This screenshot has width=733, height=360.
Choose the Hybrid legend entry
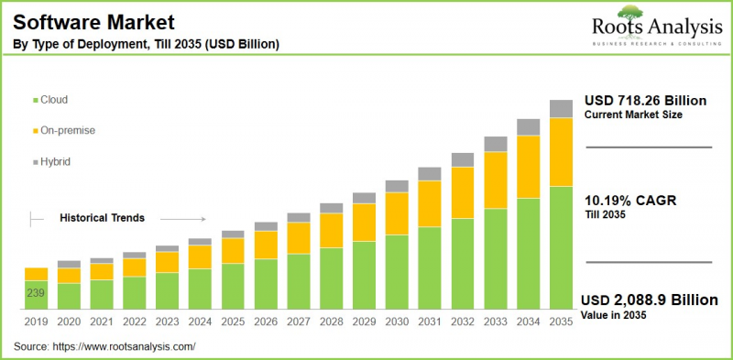click(x=55, y=161)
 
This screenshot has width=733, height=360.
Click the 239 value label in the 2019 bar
click(x=36, y=294)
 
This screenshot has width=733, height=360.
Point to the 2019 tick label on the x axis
click(x=36, y=322)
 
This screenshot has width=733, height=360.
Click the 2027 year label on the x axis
click(x=299, y=322)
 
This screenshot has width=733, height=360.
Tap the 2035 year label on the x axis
click(x=561, y=322)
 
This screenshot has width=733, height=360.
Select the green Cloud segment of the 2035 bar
click(x=561, y=247)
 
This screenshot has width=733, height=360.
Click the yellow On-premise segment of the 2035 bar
click(x=561, y=152)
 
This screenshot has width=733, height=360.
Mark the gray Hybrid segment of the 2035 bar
click(x=561, y=109)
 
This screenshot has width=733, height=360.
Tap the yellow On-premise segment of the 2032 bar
click(x=463, y=192)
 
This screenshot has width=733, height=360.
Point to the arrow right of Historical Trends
click(x=188, y=218)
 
